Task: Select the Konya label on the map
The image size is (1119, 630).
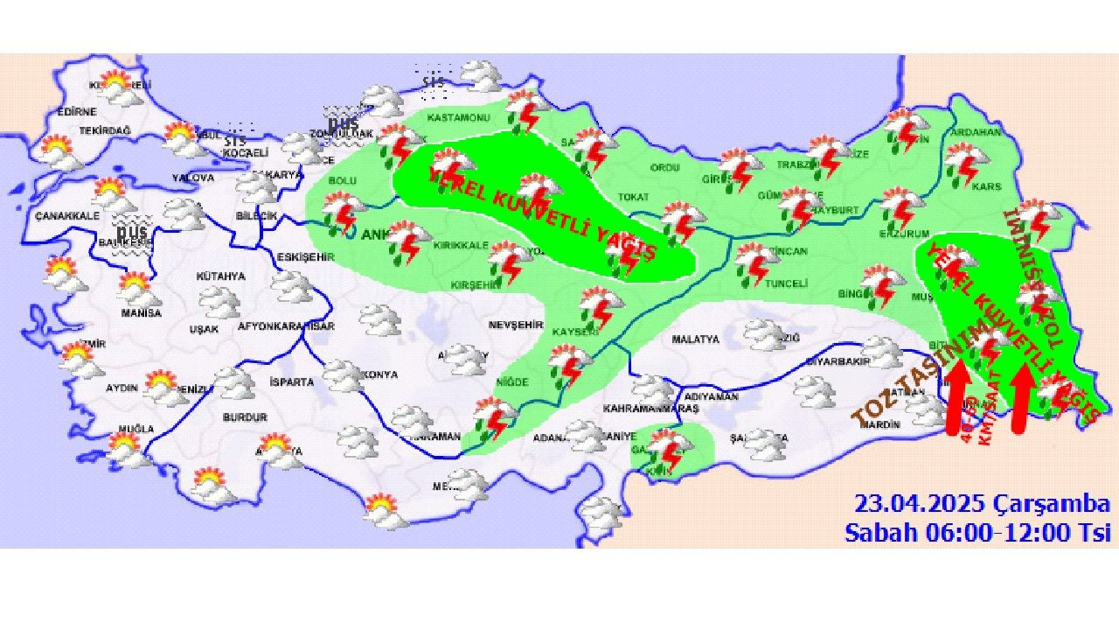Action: tap(379, 374)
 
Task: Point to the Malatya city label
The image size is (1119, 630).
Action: tap(695, 339)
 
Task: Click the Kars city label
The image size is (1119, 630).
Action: tap(987, 187)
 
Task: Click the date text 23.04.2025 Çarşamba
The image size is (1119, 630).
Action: tap(982, 504)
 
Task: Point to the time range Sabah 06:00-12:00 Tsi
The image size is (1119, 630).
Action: tap(977, 531)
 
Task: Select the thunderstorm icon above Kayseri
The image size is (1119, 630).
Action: tap(601, 304)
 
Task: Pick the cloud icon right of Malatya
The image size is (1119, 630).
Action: tap(764, 333)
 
